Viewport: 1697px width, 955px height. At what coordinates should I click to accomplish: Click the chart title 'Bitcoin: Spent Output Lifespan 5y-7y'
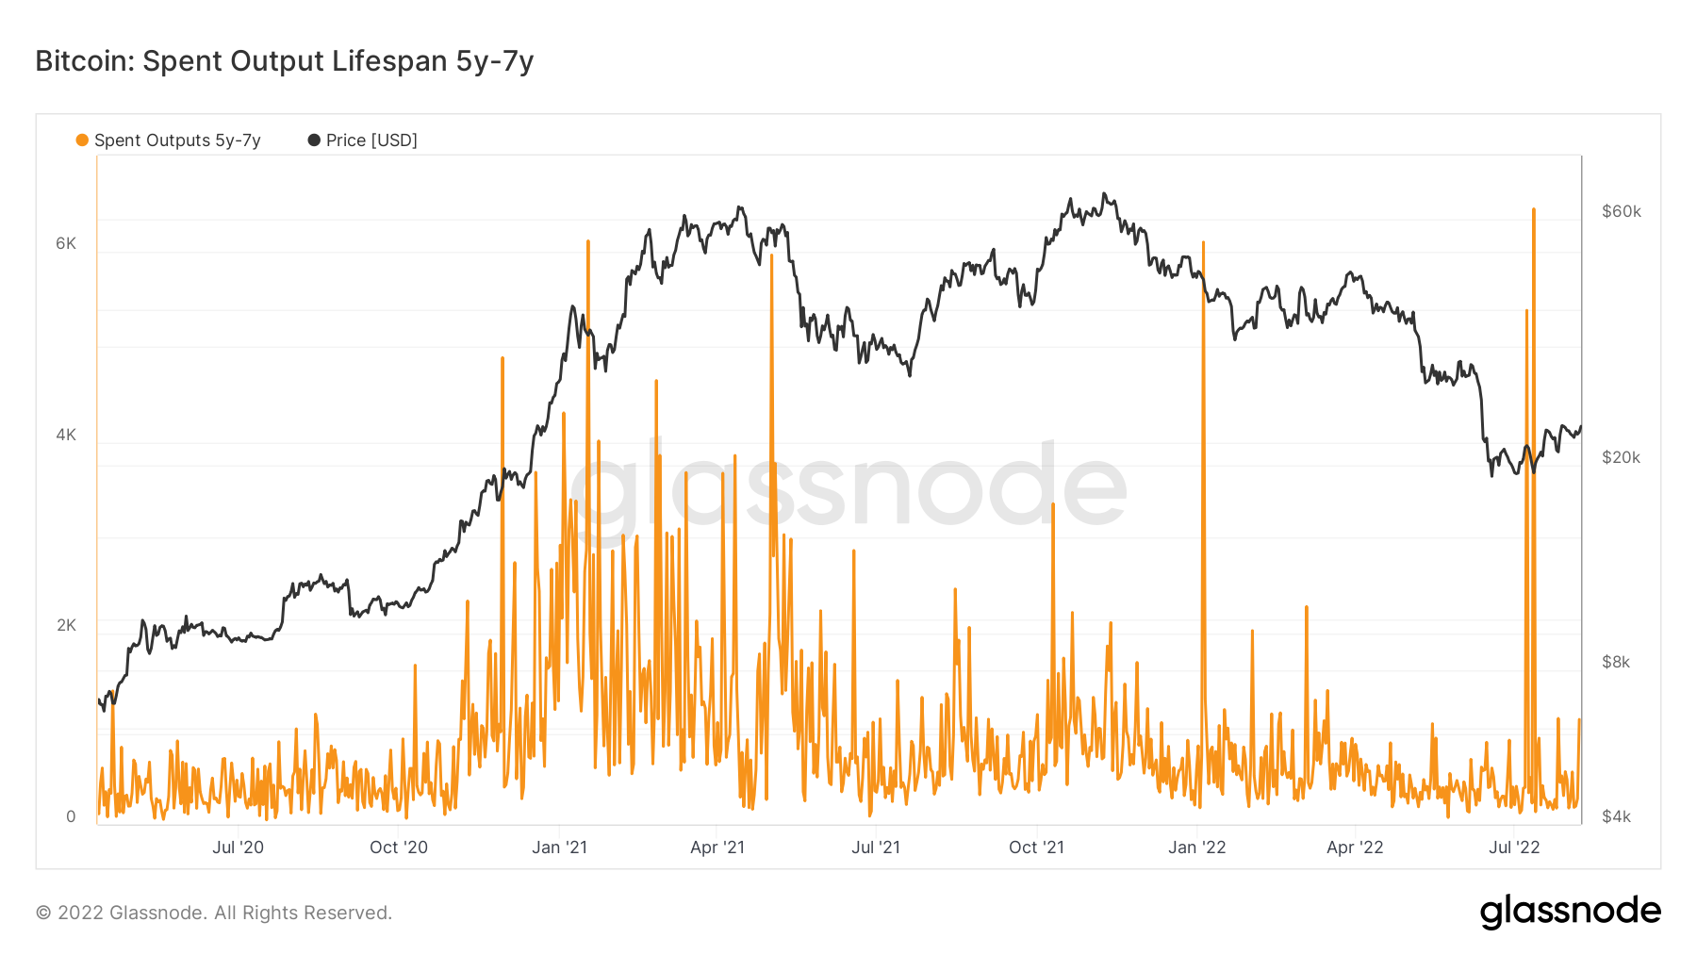pyautogui.click(x=284, y=61)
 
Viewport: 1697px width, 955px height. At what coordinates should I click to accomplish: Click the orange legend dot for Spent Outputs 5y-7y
pyautogui.click(x=82, y=140)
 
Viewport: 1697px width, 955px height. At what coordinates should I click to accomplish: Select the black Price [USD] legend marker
pyautogui.click(x=314, y=140)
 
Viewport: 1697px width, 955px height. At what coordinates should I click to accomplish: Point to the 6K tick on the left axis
pyautogui.click(x=66, y=243)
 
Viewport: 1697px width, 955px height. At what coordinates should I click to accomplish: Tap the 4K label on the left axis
pyautogui.click(x=66, y=435)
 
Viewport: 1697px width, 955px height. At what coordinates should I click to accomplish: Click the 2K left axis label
pyautogui.click(x=66, y=625)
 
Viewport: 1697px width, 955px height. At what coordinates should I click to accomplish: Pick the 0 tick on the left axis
pyautogui.click(x=71, y=816)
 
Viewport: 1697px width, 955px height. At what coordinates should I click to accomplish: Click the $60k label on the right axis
pyautogui.click(x=1622, y=211)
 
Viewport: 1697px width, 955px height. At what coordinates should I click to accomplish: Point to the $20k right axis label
pyautogui.click(x=1622, y=457)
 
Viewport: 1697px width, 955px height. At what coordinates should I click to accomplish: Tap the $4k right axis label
pyautogui.click(x=1616, y=816)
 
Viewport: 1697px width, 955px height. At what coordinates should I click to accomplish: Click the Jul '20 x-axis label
pyautogui.click(x=238, y=848)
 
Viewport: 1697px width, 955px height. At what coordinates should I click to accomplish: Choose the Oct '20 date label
pyautogui.click(x=398, y=848)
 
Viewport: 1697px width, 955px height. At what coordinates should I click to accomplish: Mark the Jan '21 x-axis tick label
pyautogui.click(x=559, y=848)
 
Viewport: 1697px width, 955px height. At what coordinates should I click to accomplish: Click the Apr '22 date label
pyautogui.click(x=1355, y=848)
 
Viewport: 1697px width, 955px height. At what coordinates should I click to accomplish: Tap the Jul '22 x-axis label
pyautogui.click(x=1514, y=848)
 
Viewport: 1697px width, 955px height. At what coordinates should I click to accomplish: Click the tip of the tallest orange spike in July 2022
pyautogui.click(x=1534, y=210)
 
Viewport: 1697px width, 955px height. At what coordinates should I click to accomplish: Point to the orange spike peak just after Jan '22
pyautogui.click(x=1203, y=243)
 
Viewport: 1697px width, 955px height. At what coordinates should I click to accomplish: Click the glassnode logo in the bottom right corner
pyautogui.click(x=1570, y=912)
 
